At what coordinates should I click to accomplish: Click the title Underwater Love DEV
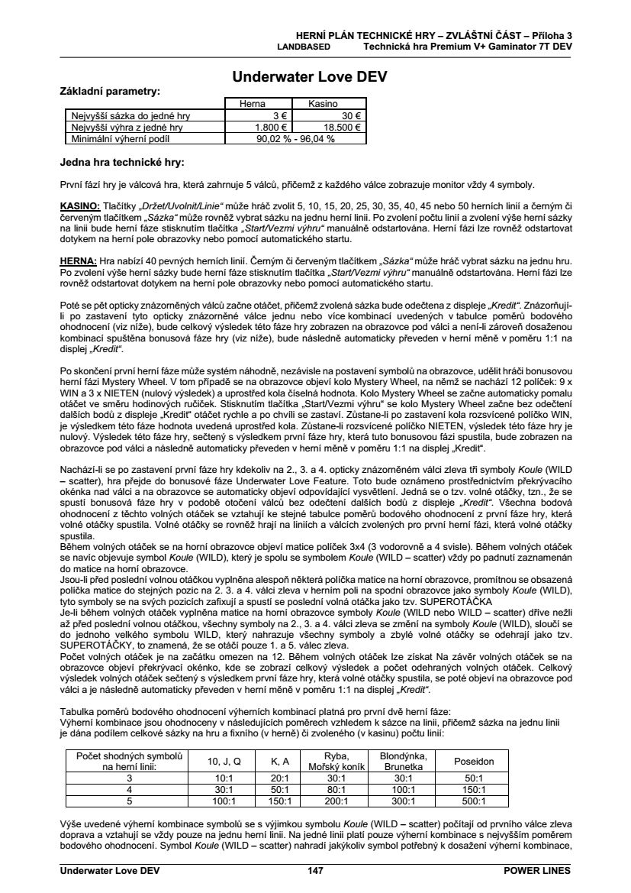coord(315,77)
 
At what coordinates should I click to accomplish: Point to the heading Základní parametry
coord(110,91)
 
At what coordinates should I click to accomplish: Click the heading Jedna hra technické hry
coord(122,162)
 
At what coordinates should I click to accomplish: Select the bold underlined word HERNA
coord(78,260)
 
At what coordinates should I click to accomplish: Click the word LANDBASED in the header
coord(303,46)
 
